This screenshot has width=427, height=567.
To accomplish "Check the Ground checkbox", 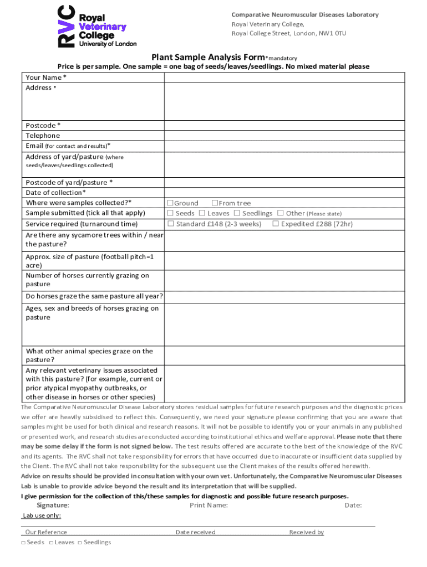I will point(171,203).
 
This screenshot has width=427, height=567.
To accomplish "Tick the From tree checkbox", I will point(215,203).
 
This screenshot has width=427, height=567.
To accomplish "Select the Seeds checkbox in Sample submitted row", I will point(171,213).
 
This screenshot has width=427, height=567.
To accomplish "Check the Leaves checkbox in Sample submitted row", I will point(202,213).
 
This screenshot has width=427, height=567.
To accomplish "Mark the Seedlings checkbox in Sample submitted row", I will point(237,213).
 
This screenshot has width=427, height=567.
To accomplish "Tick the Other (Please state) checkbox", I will point(281,213).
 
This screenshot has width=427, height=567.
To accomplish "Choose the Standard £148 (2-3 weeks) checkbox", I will point(171,224).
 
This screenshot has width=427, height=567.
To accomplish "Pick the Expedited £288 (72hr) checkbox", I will point(275,224).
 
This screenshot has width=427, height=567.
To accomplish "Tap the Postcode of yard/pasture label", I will point(69,183).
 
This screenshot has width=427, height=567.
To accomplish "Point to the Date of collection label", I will point(55,193).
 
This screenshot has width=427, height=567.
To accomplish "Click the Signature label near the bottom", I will point(53,505).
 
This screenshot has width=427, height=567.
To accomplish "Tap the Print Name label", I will point(209,505).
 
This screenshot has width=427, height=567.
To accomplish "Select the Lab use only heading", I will point(42,516).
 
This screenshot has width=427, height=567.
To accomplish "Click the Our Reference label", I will point(46,532).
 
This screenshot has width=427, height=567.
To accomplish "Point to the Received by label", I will point(306,532).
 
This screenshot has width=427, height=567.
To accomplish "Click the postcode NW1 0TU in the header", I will point(332,34).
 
